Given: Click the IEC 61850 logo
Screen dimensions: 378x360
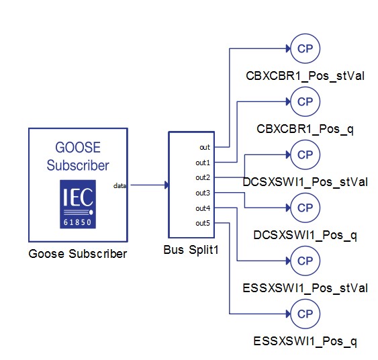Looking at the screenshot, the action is click(x=78, y=204).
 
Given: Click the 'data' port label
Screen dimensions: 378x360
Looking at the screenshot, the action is click(x=120, y=185).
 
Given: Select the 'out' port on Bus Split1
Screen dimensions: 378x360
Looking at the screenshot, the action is click(x=205, y=147).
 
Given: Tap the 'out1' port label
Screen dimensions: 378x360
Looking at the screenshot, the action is click(x=203, y=163).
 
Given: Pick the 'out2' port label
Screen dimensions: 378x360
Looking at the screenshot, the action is click(x=203, y=177).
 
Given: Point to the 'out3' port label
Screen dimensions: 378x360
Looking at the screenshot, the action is click(x=203, y=193).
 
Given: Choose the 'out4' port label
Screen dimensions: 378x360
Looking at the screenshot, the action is click(x=203, y=208).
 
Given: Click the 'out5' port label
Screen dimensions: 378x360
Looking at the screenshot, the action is click(x=203, y=223).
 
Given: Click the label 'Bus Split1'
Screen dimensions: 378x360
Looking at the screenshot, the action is click(x=191, y=250).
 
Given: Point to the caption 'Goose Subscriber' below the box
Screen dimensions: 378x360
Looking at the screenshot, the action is click(x=78, y=254).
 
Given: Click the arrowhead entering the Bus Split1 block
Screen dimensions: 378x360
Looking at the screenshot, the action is click(x=167, y=185).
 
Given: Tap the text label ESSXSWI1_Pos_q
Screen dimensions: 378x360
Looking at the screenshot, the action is click(x=305, y=341).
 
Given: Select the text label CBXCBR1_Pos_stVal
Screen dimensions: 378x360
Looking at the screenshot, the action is click(x=305, y=76).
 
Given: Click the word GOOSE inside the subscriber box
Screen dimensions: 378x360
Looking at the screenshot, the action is click(x=78, y=147).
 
